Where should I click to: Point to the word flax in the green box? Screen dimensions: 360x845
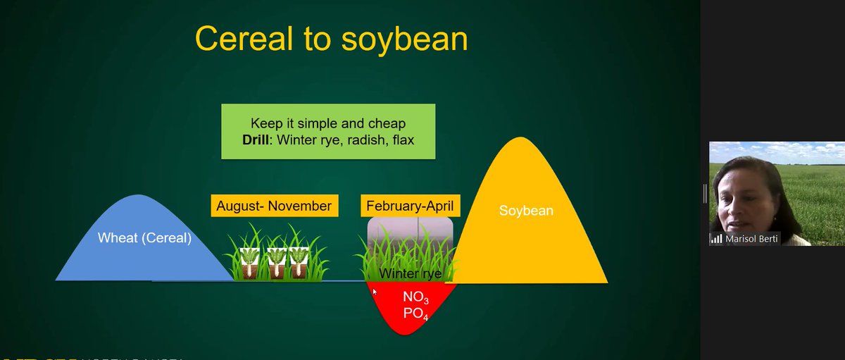tap(401, 139)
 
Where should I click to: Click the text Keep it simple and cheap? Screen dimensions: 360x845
tap(328, 124)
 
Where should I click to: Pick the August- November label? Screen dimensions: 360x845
tap(274, 206)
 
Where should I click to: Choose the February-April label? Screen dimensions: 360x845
tap(411, 206)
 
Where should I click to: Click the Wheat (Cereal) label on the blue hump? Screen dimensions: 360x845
tap(144, 238)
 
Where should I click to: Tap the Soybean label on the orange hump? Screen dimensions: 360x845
tap(526, 211)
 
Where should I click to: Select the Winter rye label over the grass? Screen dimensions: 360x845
tap(411, 273)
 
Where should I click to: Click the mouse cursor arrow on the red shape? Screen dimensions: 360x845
tap(374, 290)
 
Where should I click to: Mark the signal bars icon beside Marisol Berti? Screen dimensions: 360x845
tap(716, 239)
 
